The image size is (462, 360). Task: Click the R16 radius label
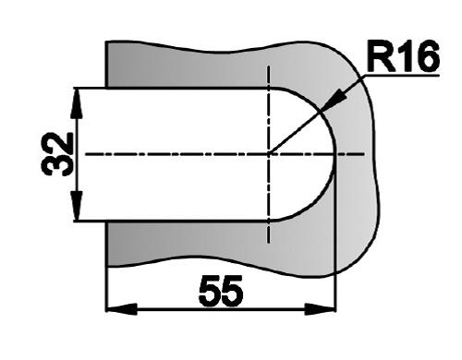coord(403,56)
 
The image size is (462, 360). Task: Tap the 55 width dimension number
coord(221,291)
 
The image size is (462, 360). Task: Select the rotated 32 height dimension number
coord(57,154)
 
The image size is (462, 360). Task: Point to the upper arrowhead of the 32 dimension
coord(77,103)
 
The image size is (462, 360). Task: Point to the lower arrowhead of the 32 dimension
coord(77,206)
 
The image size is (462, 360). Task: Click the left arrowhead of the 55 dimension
coord(122,309)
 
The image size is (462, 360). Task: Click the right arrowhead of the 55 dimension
coord(320,309)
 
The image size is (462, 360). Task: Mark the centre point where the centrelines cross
coord(269,154)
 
